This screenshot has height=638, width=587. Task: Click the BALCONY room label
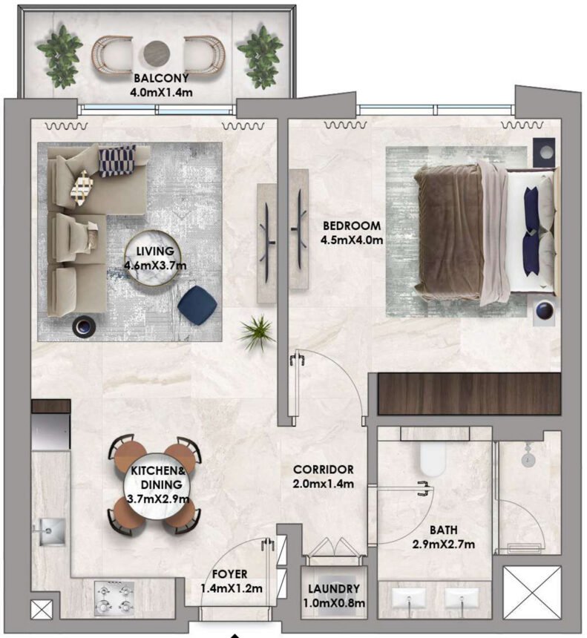[x=160, y=78]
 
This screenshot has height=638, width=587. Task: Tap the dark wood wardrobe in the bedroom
[x=468, y=393]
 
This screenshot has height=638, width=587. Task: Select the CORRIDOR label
[x=323, y=470]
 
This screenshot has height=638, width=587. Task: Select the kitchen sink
[x=49, y=530]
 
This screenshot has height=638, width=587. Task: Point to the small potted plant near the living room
[x=257, y=332]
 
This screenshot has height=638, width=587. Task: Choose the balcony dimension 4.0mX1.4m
[x=160, y=92]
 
